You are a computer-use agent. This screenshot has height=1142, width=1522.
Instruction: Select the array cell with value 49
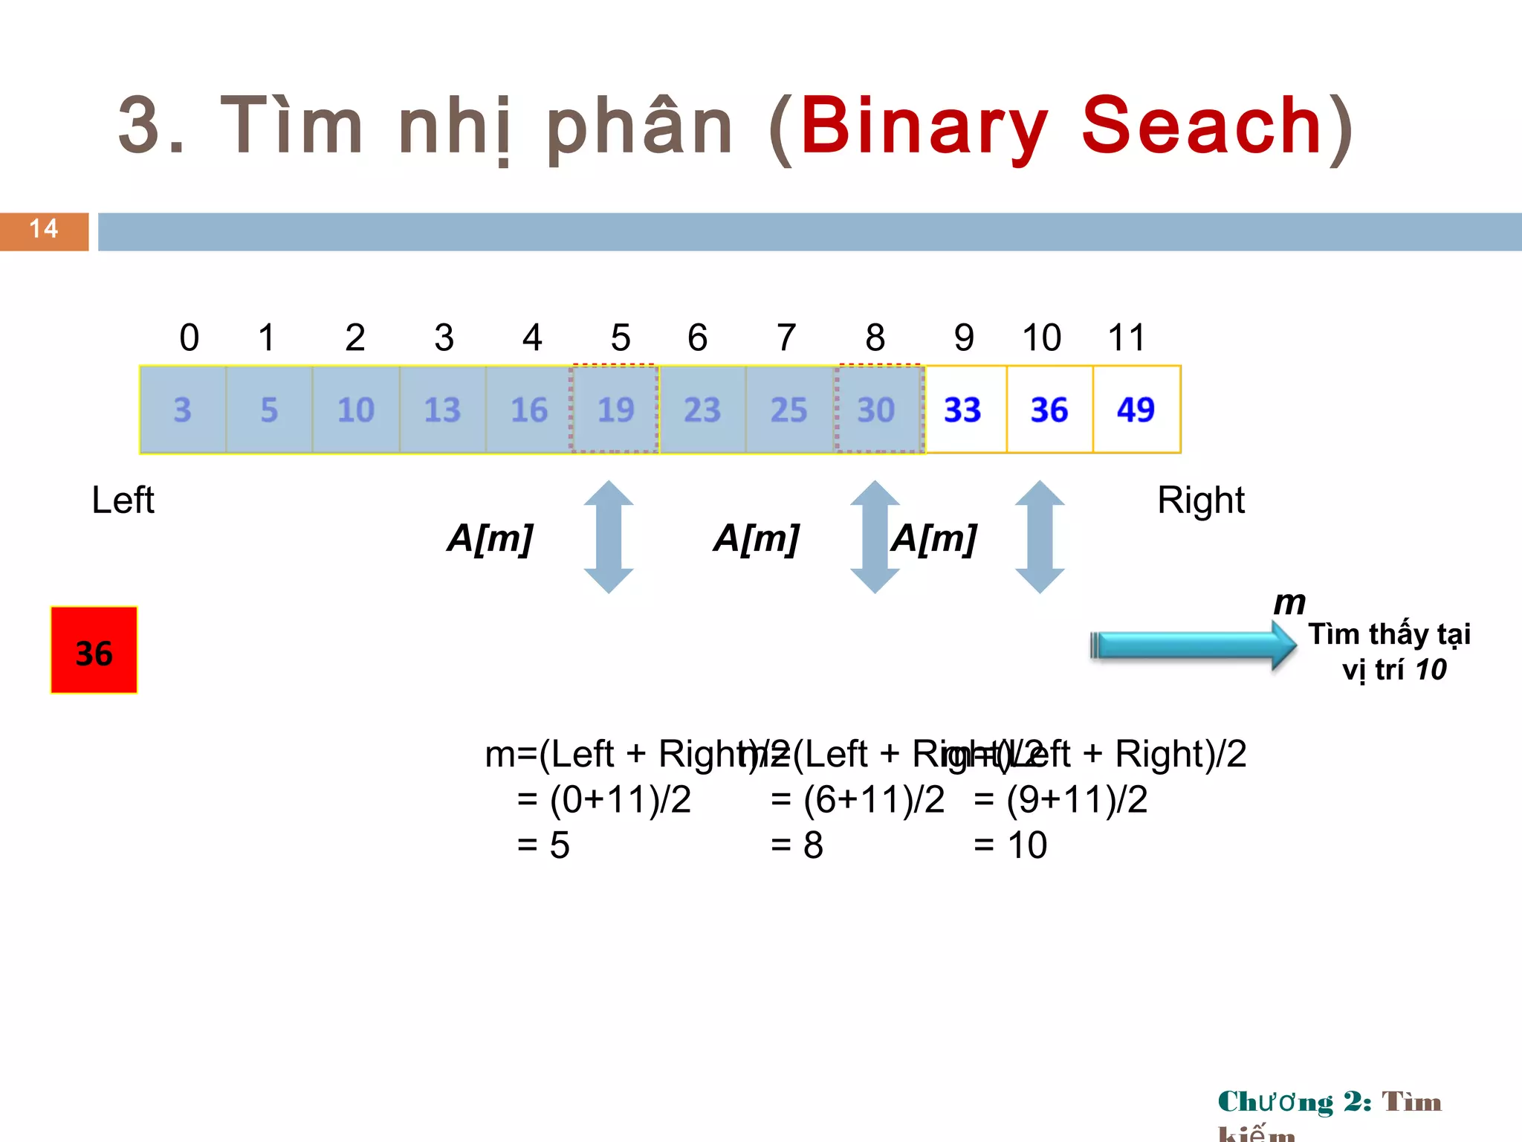click(x=1136, y=410)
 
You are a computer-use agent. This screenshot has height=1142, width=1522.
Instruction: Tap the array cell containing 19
click(x=615, y=410)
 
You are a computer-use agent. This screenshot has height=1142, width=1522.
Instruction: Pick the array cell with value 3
click(x=183, y=410)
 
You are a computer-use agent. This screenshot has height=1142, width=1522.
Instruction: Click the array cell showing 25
click(x=788, y=410)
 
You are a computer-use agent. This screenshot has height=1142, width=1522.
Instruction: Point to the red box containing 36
click(x=94, y=651)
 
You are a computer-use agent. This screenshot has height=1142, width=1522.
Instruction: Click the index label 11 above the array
click(x=1126, y=338)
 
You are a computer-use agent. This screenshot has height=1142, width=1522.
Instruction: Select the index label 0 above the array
click(x=190, y=338)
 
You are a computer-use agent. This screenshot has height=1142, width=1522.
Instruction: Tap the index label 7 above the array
click(x=786, y=338)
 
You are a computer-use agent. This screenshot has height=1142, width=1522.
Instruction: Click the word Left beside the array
click(x=123, y=500)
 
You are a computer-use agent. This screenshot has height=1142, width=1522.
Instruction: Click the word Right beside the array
click(x=1200, y=500)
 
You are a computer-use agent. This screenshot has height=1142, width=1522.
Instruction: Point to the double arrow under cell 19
click(x=609, y=537)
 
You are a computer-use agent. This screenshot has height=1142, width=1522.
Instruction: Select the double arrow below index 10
click(x=1040, y=537)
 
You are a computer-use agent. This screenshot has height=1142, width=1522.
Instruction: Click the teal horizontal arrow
click(x=1193, y=645)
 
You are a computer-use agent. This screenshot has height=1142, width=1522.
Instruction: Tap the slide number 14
click(x=44, y=230)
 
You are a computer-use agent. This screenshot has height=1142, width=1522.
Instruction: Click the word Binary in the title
click(x=923, y=126)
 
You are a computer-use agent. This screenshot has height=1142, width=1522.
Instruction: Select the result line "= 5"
click(x=543, y=845)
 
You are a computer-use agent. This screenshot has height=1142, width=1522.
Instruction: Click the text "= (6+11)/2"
click(x=858, y=800)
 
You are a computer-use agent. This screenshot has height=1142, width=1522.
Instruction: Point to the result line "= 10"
click(x=1011, y=845)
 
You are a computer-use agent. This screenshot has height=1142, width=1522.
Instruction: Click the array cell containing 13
click(x=442, y=410)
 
